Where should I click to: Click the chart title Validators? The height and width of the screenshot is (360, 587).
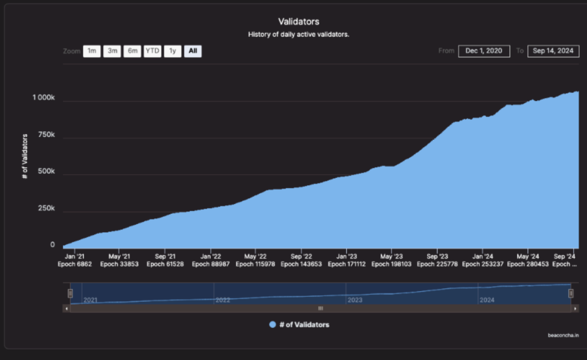tap(299, 22)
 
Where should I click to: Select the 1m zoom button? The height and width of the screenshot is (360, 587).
tap(92, 51)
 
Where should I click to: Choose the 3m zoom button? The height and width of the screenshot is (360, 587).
tap(112, 51)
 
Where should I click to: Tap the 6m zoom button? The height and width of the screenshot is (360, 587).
tap(132, 51)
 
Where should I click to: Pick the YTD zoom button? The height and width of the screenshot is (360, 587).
tap(152, 51)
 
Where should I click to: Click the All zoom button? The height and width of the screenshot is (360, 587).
tap(193, 51)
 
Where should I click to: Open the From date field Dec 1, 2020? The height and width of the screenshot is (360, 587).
tap(484, 51)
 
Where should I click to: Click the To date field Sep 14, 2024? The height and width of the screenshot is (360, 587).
tap(553, 51)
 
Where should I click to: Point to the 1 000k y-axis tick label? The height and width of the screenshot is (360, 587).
tap(44, 97)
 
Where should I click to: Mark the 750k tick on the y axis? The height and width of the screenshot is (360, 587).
tap(46, 135)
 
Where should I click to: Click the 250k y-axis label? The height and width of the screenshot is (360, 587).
tap(46, 209)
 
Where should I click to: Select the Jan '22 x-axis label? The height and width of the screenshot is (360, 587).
tap(211, 256)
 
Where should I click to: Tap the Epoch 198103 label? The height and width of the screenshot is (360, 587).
tap(391, 264)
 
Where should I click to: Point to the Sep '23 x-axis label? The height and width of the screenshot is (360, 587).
tap(437, 256)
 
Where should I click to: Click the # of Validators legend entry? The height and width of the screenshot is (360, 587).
tap(299, 325)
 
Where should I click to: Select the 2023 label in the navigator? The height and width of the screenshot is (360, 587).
tap(355, 300)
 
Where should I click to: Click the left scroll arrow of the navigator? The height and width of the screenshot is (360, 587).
tap(66, 309)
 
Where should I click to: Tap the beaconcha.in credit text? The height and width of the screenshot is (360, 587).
tap(563, 335)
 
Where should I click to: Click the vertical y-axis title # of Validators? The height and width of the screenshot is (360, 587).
tap(25, 156)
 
